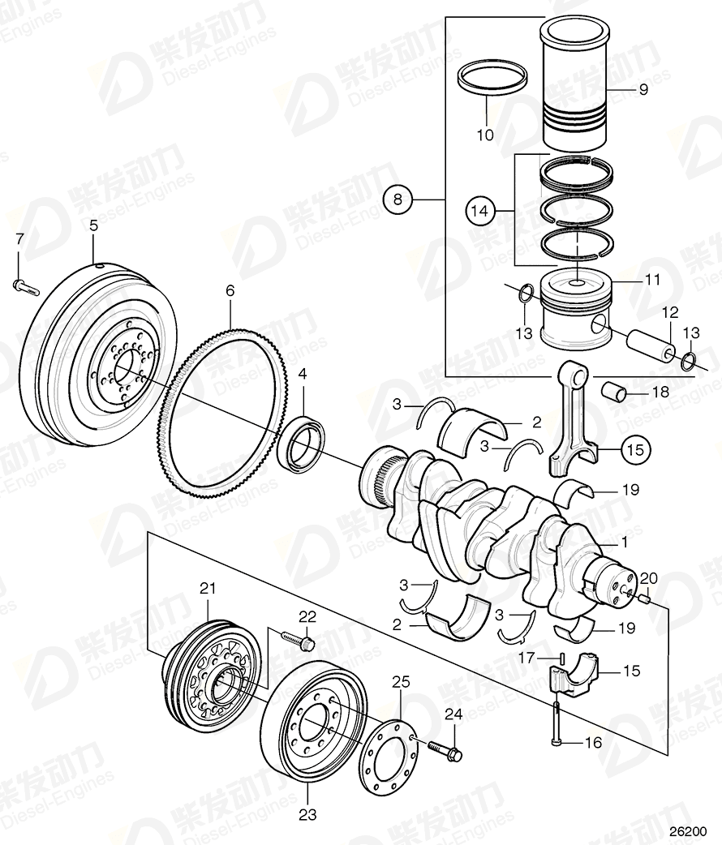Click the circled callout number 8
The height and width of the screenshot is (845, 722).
coord(398,198)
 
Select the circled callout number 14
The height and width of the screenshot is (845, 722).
coord(479,211)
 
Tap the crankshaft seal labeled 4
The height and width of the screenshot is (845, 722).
coord(304,442)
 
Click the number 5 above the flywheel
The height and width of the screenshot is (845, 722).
coord(93,226)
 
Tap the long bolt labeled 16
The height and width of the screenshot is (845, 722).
coord(557,722)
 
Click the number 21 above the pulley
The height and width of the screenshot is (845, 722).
coord(207,587)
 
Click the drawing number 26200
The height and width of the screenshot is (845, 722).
coord(687,832)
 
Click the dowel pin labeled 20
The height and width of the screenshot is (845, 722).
coord(642,598)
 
